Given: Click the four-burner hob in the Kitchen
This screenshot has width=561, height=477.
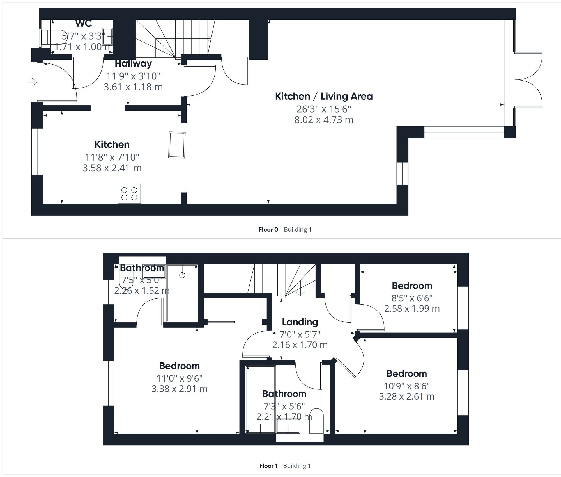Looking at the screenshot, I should (129, 194).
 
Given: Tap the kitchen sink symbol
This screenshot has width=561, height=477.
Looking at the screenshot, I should (177, 145).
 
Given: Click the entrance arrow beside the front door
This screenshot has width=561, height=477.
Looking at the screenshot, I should (33, 82).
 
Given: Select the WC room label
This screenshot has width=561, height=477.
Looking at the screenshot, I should (84, 23).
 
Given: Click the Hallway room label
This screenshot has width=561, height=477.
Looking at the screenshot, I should (133, 63).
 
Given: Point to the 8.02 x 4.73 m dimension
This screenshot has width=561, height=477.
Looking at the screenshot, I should (324, 120).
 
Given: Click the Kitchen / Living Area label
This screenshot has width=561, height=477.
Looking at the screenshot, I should (324, 96).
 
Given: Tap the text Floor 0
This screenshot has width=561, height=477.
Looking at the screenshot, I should (268, 230).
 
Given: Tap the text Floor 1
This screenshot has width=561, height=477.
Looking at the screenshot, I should (268, 466).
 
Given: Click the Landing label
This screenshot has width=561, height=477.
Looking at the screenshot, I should (300, 322).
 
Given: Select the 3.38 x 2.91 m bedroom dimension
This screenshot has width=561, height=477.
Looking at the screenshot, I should (179, 389).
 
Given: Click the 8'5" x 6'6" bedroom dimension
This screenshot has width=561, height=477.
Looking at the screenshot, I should (412, 298).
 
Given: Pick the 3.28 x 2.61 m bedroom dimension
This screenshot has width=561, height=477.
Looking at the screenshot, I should (406, 396).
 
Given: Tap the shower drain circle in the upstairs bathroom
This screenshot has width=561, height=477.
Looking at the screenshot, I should (182, 275).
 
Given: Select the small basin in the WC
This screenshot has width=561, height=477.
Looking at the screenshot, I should (107, 36).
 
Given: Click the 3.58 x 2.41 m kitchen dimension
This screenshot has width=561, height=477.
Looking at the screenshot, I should (112, 168).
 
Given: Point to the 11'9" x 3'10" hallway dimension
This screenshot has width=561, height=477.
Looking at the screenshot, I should (133, 76).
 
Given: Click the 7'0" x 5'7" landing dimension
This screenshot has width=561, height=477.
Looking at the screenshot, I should (300, 334).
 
